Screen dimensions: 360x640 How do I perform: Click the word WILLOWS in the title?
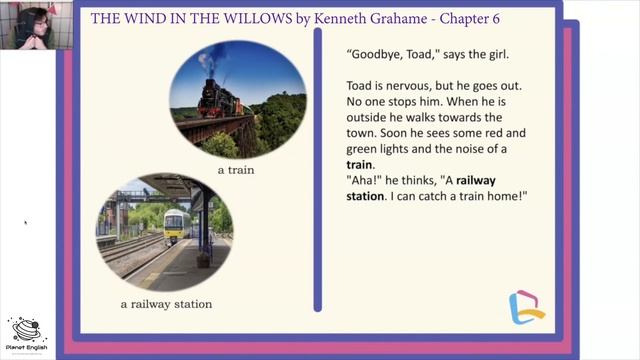[254, 17]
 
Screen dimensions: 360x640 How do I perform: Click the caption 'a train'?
[237, 170]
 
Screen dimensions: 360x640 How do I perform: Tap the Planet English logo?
[27, 334]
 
